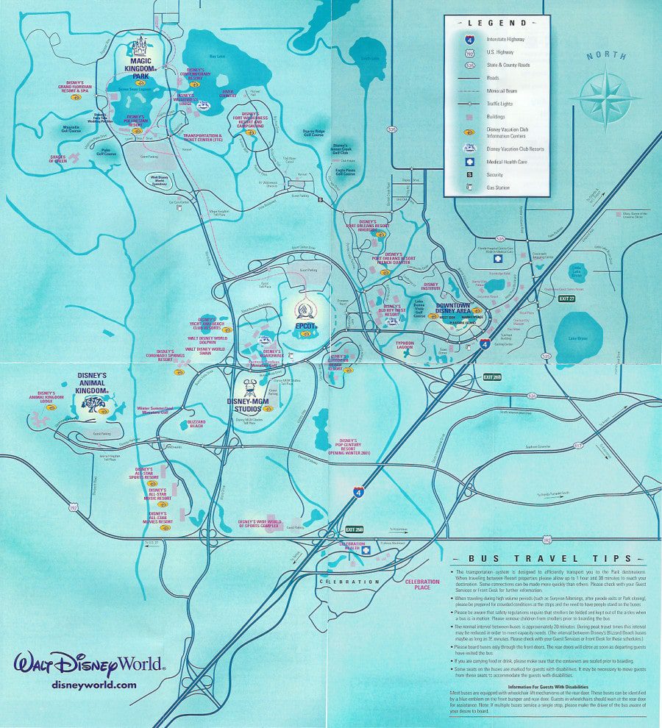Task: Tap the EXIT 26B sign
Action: tap(493, 377)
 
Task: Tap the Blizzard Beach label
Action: tap(195, 424)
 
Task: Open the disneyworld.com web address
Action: tap(94, 684)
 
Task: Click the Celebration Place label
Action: tap(422, 584)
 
